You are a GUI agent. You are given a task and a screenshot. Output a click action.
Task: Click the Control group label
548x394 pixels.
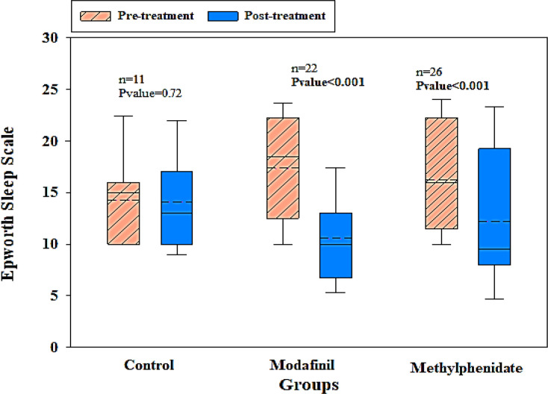tap(149, 366)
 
